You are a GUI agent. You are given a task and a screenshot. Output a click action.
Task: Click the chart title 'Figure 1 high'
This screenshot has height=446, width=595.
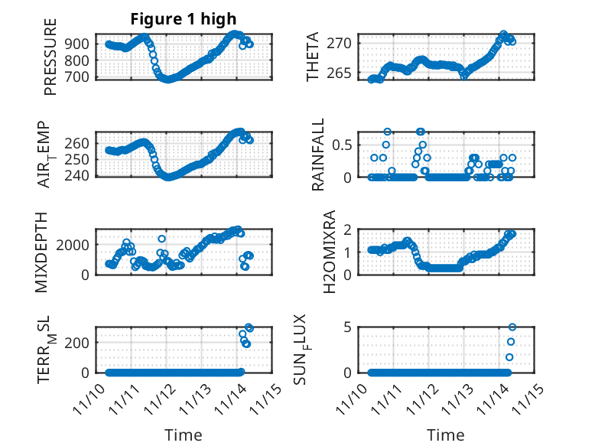coord(184,18)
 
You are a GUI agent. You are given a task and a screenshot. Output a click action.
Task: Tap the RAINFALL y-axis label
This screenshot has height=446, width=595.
coord(318,155)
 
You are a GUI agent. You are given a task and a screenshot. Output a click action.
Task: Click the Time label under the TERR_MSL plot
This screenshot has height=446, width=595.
coord(184,435)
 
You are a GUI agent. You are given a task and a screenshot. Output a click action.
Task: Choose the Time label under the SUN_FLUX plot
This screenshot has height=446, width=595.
coord(446,435)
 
